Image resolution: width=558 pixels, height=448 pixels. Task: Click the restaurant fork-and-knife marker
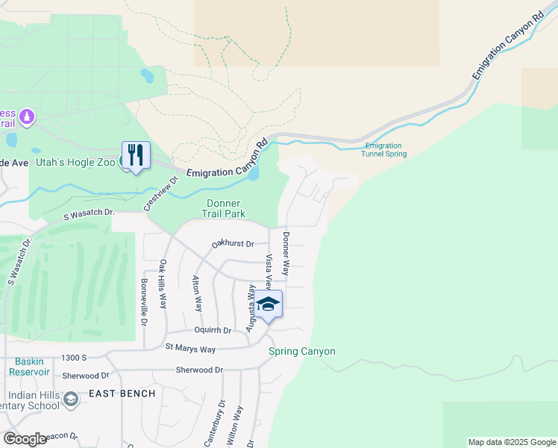point(136,156)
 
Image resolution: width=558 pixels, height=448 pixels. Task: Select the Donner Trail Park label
point(225,208)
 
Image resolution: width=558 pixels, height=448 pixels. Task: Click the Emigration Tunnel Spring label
point(385,149)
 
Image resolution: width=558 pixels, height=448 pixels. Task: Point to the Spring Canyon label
point(302,351)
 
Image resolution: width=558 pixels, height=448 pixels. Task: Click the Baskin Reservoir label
point(30,366)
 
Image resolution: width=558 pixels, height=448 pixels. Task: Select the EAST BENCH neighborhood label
point(122,393)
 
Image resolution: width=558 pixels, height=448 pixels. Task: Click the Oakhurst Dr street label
point(233,243)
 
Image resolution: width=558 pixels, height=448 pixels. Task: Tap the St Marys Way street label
point(190,348)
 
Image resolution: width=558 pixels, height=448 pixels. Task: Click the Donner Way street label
point(286,254)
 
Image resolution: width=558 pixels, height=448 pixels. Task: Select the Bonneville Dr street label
point(145,302)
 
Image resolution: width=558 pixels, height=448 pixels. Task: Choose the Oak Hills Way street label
point(163,284)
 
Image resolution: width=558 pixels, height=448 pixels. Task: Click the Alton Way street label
point(198,293)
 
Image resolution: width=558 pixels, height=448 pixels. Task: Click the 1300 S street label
point(75,358)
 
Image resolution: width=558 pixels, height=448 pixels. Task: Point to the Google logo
point(25,439)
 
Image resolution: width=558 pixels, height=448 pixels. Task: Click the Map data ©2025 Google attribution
point(511,442)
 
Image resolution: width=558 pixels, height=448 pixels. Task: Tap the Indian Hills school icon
point(70,399)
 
